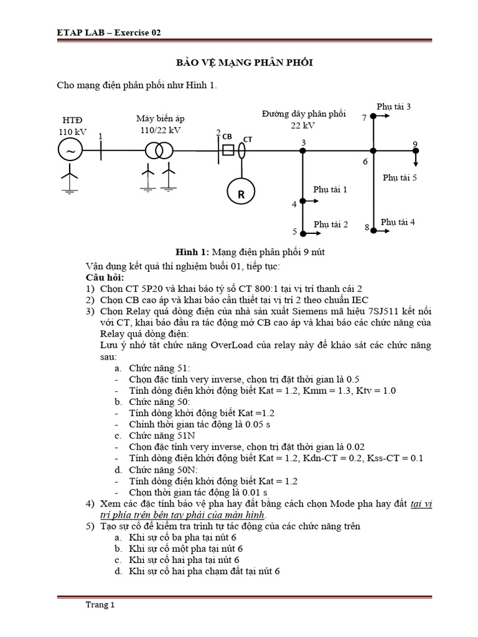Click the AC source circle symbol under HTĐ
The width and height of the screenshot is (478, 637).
coord(70,151)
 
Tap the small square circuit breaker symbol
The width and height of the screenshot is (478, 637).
coord(228,151)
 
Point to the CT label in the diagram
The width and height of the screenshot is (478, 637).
coord(248,139)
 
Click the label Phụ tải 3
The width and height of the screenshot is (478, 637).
coord(393,107)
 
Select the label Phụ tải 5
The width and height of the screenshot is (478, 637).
coord(400,177)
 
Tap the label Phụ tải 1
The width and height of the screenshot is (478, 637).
coord(330,189)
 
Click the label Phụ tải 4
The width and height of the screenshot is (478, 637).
coord(398,222)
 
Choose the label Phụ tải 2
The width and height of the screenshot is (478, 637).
coord(330,224)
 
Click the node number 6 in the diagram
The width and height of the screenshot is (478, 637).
coord(365,162)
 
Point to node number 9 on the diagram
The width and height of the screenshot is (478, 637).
coord(415,144)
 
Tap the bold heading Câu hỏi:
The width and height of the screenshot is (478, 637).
coord(105,277)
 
